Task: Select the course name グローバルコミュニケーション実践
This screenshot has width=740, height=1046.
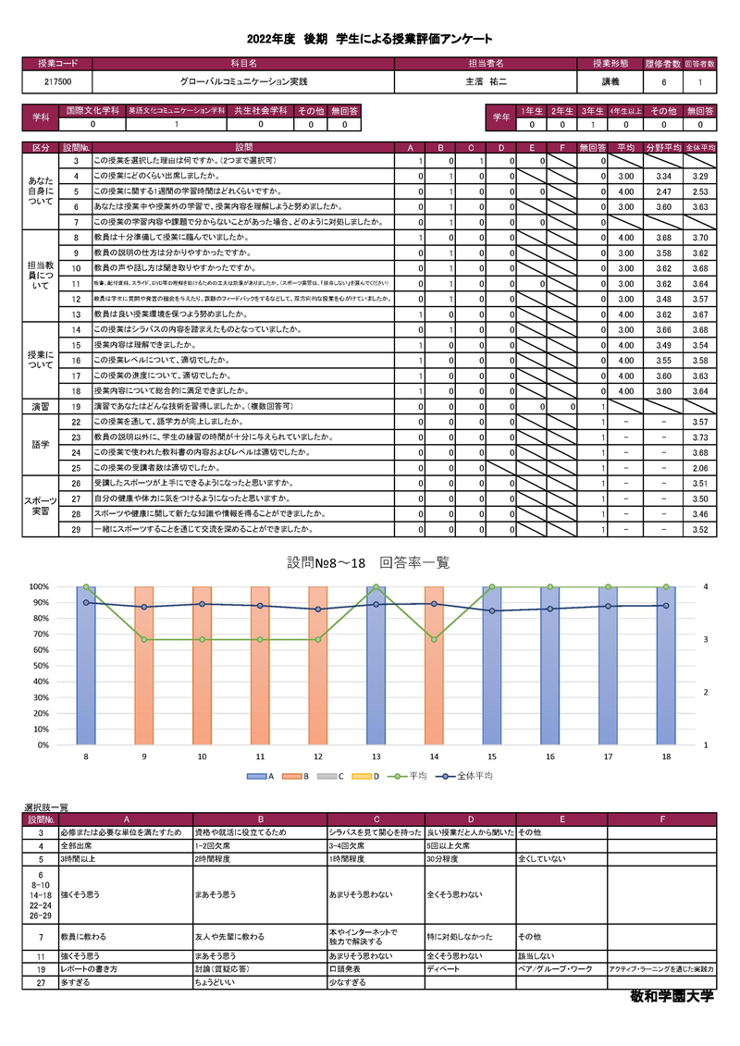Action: tap(243, 82)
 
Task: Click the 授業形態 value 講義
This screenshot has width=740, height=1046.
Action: tap(610, 82)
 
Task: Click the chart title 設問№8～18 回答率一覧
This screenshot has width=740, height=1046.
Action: tap(368, 562)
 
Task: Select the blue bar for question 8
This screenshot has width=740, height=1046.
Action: tap(86, 665)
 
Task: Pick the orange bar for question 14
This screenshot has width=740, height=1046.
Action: tap(434, 665)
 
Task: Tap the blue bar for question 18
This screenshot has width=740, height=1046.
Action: tap(666, 665)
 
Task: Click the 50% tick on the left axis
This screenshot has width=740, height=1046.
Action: tap(39, 666)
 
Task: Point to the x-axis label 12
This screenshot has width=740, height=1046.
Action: tap(318, 757)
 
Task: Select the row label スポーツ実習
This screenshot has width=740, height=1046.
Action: tap(42, 506)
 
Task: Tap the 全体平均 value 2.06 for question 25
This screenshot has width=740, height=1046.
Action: tap(699, 468)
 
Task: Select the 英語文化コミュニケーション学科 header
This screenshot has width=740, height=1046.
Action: tap(177, 110)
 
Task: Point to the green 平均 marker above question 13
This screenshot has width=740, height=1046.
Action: tap(376, 586)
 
